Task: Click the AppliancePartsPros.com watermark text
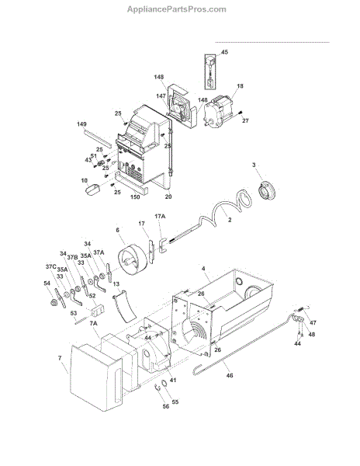click(x=177, y=9)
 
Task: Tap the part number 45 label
click(x=225, y=52)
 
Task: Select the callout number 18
click(x=240, y=86)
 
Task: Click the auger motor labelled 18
click(x=219, y=111)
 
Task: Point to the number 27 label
click(x=245, y=120)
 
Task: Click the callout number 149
click(x=81, y=124)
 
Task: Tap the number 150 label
click(x=135, y=196)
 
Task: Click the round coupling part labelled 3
click(x=265, y=190)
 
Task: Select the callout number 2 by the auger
click(x=230, y=220)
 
